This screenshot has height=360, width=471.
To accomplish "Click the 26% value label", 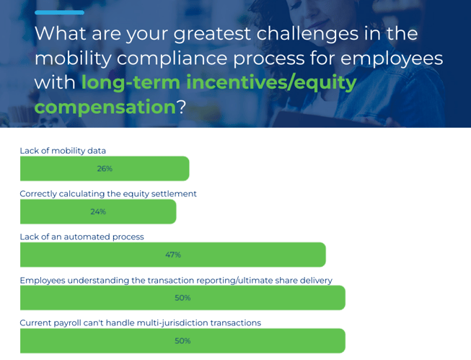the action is [x=105, y=169].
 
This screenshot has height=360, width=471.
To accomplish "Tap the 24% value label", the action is [x=98, y=211].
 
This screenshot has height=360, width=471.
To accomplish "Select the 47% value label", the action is [x=173, y=255].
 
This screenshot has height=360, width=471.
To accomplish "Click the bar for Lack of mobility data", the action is [x=105, y=169].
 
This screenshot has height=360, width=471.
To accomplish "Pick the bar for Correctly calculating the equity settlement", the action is [x=98, y=211].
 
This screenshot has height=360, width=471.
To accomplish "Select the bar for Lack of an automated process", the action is [x=173, y=255].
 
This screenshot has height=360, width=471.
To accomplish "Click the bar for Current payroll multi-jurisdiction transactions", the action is [x=182, y=341].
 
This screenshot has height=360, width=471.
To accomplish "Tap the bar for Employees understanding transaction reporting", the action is [x=182, y=298].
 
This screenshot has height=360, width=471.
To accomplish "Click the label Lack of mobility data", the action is [x=63, y=151].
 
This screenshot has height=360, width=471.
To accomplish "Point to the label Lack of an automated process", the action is [x=82, y=237].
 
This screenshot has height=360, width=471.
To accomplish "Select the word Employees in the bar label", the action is [x=43, y=281].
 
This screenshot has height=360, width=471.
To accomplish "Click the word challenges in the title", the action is [x=307, y=33].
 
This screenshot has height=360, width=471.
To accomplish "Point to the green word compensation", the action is [x=105, y=107].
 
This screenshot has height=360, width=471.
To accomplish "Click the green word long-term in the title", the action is [x=131, y=82].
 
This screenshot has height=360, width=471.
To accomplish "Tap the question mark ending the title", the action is [x=181, y=106].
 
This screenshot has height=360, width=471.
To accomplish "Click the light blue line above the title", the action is [x=59, y=12].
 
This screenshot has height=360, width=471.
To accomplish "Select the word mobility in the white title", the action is [x=73, y=58].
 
